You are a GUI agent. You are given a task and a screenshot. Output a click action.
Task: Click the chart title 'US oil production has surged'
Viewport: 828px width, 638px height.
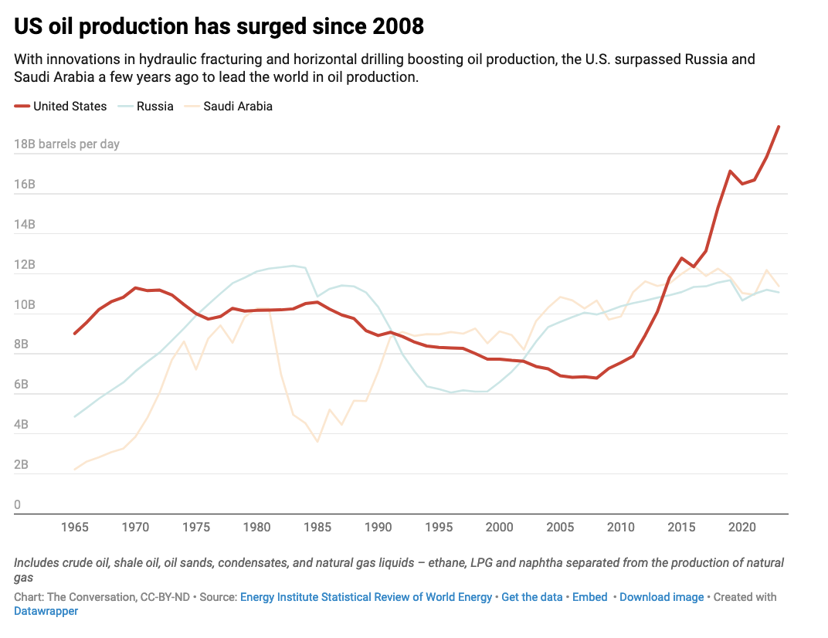pos(219,26)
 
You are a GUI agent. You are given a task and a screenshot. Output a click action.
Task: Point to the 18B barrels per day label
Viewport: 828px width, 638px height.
pos(66,144)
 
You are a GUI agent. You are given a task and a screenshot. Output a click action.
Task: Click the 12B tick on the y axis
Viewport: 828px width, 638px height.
pos(25,265)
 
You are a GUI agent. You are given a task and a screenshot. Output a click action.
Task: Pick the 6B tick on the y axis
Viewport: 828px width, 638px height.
pos(22,385)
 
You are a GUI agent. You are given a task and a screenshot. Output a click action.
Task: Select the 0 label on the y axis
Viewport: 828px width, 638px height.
pos(18,505)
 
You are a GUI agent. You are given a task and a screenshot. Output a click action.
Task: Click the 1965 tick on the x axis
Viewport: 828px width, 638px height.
pos(75,528)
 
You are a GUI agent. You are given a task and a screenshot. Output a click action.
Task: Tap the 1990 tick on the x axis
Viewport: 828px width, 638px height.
pos(378,528)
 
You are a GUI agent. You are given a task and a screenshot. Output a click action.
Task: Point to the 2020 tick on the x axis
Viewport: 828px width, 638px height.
pos(742,528)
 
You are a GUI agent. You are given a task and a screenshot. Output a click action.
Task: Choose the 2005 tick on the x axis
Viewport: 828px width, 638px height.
pos(560,528)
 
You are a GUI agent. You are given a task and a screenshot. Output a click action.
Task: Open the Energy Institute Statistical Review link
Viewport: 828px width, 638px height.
pos(366,597)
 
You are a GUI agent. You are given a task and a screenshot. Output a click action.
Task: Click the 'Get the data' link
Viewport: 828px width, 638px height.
pos(532,597)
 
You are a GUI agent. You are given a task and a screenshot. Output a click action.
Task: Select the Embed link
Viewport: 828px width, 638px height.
pos(590,597)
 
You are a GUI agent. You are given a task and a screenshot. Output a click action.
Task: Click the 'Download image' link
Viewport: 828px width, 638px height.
pos(661,597)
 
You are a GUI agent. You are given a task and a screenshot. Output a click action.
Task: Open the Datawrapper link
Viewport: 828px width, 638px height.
pos(46,611)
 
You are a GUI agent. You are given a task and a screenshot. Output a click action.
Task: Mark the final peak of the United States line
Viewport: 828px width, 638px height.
pos(779,127)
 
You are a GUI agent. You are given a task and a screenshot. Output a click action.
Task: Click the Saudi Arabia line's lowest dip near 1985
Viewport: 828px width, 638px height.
pos(317,442)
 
